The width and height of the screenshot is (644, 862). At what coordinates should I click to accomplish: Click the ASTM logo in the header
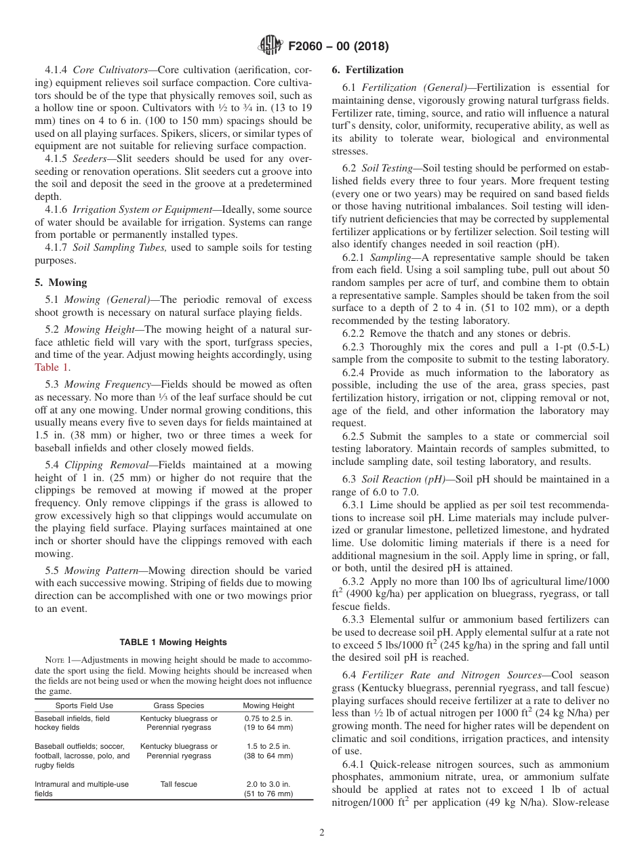tap(271, 46)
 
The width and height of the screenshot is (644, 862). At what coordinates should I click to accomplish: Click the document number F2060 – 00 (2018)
tap(338, 47)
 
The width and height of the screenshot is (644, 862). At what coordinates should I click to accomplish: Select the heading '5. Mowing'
tap(61, 283)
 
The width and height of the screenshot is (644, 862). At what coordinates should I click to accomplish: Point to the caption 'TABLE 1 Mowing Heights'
tap(173, 642)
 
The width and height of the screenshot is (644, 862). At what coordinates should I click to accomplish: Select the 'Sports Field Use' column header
tap(74, 705)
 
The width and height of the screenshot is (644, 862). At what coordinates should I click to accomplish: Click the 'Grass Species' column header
tap(178, 705)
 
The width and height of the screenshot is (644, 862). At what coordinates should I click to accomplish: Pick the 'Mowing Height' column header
tap(269, 705)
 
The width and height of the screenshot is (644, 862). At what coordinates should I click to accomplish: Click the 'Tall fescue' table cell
tap(178, 784)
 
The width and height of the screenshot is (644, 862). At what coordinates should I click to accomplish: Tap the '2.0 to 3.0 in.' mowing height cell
tap(269, 784)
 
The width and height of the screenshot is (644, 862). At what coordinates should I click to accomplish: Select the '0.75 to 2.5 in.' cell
tap(269, 718)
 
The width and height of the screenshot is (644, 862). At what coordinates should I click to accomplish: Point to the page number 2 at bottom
tap(322, 833)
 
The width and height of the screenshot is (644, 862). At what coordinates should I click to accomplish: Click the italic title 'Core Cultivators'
tap(101, 70)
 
